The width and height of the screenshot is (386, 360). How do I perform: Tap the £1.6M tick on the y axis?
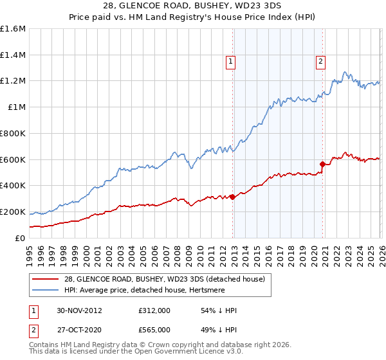click(x=13, y=29)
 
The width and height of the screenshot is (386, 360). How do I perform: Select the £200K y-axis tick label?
click(x=13, y=212)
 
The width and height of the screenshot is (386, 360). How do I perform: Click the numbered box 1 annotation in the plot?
click(x=230, y=62)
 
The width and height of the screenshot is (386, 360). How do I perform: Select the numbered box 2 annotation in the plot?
click(x=320, y=62)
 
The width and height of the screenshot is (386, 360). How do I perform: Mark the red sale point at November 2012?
click(x=232, y=197)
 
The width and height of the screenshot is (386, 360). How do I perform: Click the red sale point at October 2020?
click(x=322, y=164)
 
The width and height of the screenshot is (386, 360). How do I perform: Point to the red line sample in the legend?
click(x=46, y=279)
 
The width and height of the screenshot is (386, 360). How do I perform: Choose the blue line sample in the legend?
click(x=46, y=291)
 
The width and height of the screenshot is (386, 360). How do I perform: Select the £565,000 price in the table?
click(x=154, y=330)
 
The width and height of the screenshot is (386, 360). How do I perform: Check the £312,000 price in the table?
click(x=154, y=310)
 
